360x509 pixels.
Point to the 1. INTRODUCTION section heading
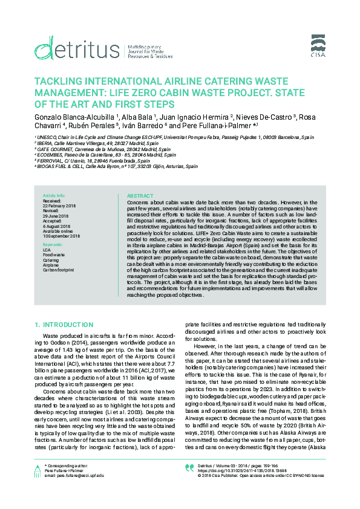64,325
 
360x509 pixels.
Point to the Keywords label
53,245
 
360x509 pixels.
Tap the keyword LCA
47,250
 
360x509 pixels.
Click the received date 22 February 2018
59,206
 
